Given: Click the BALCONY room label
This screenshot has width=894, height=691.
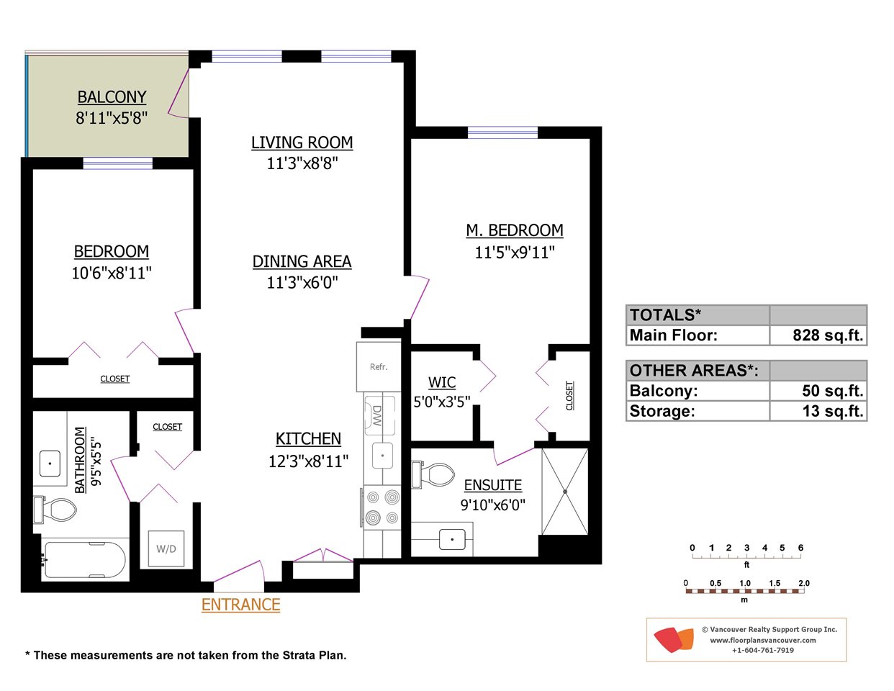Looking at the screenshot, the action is point(112,97).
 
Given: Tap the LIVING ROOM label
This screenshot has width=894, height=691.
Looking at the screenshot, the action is point(302,143).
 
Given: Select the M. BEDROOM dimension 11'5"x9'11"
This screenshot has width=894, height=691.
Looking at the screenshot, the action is point(515,252).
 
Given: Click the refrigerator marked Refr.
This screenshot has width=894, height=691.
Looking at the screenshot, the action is point(379,366).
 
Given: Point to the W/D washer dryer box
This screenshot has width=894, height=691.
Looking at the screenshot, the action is point(166,548).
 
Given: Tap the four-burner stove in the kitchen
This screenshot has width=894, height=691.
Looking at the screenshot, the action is point(382,507).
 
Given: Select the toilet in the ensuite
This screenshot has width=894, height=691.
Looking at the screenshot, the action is point(433,474).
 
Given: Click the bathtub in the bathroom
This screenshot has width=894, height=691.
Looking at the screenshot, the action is point(85,560).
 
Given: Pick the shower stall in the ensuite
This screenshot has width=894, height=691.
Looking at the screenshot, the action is point(565,492).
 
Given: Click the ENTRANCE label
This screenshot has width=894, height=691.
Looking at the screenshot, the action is point(240,605).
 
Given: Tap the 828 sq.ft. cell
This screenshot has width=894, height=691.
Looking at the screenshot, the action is point(827,335).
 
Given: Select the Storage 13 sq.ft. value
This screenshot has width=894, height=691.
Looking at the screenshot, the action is point(833,411).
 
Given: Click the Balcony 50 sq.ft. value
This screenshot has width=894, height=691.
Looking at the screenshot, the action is point(832,391).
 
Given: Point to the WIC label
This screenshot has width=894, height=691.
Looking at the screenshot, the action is point(442,382).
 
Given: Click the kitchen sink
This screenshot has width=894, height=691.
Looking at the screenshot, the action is point(382,456).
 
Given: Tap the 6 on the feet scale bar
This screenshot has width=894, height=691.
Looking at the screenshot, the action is point(800,548).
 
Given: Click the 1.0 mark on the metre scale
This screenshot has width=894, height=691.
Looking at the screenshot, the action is point(745,583).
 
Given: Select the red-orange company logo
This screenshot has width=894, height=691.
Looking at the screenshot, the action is point(674,640).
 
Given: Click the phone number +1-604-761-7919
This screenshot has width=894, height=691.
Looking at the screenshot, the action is point(763,650).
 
